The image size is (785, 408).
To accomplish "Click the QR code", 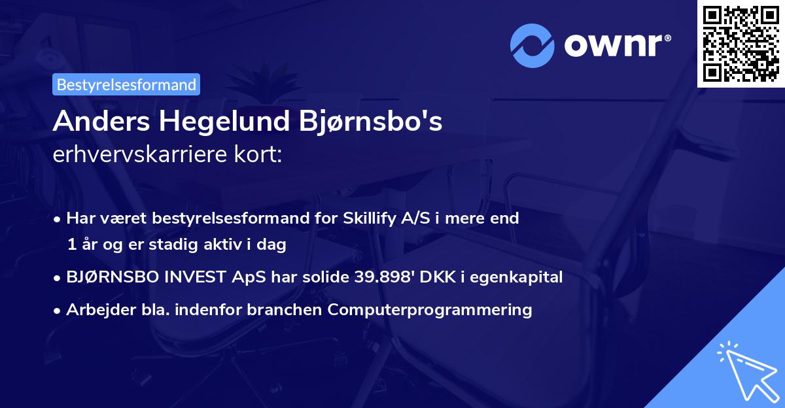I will [741, 43].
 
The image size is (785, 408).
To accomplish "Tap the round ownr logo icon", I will [532, 45].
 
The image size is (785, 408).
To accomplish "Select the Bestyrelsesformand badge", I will [126, 84].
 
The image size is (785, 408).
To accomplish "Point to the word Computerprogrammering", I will [430, 310].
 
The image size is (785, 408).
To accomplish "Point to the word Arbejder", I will [96, 310].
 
